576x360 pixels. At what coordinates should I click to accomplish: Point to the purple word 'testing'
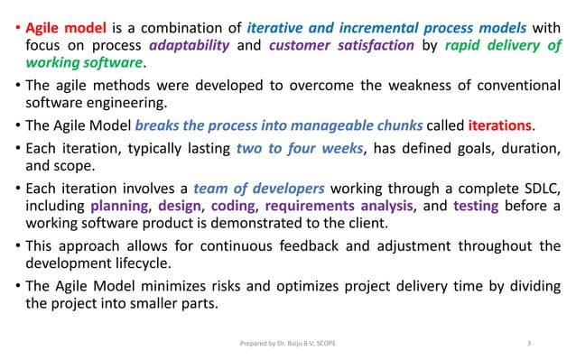474,207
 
